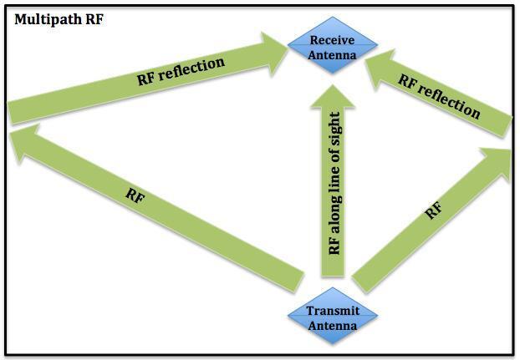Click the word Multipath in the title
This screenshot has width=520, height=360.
43,18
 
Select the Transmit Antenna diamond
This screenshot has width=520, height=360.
333,318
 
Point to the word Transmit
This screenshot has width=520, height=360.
333,312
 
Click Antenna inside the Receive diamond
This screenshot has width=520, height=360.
333,55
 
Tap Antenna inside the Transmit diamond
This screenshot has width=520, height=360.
333,325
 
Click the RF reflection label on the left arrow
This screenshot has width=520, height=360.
181,72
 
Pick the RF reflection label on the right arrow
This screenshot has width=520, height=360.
438,95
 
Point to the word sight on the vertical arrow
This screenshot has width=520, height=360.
334,129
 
